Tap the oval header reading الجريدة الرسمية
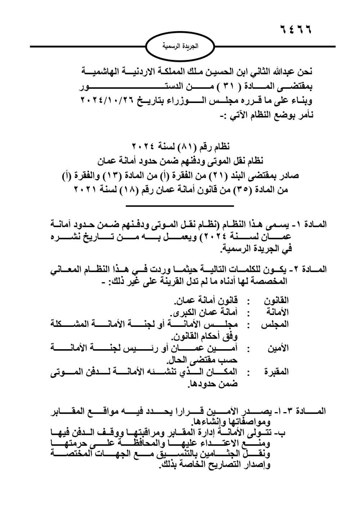pos(180,47)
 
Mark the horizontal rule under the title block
pos(180,206)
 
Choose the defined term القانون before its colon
pos(276,300)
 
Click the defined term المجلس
pos(275,324)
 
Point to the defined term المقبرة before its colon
pos(276,372)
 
